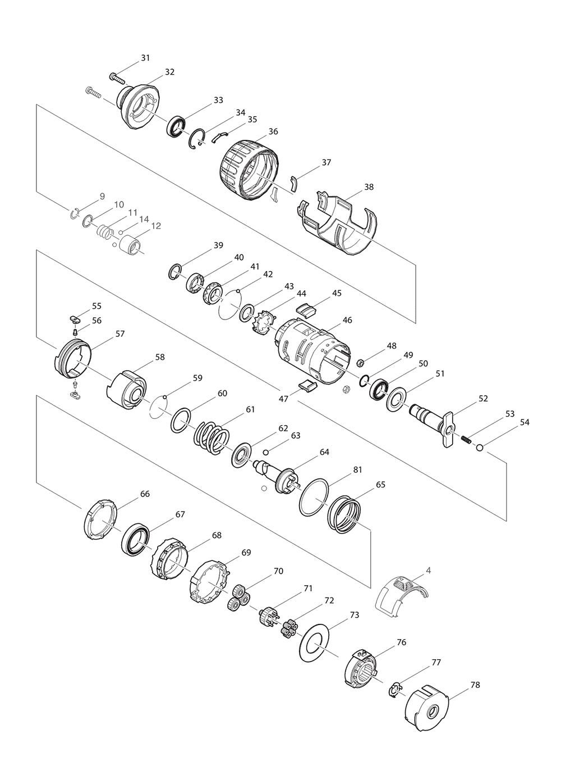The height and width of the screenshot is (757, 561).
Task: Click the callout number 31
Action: [145, 58]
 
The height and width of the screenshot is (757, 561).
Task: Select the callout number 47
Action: [283, 399]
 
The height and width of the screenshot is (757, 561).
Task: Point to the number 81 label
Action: [357, 469]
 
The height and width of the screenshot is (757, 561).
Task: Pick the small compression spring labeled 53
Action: [466, 439]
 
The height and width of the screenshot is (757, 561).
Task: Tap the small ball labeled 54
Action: [480, 447]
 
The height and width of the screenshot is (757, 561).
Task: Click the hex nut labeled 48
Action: [360, 362]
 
